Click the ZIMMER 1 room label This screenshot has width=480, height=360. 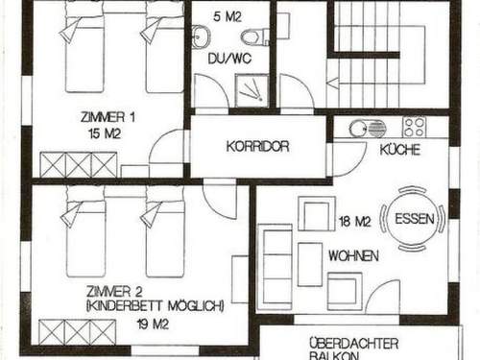click(x=108, y=116)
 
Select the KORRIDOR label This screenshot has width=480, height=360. click(x=257, y=148)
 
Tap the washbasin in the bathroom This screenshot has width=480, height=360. click(x=200, y=37)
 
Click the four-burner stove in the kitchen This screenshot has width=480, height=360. click(x=415, y=127)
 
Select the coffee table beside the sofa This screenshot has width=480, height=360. click(x=309, y=264)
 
